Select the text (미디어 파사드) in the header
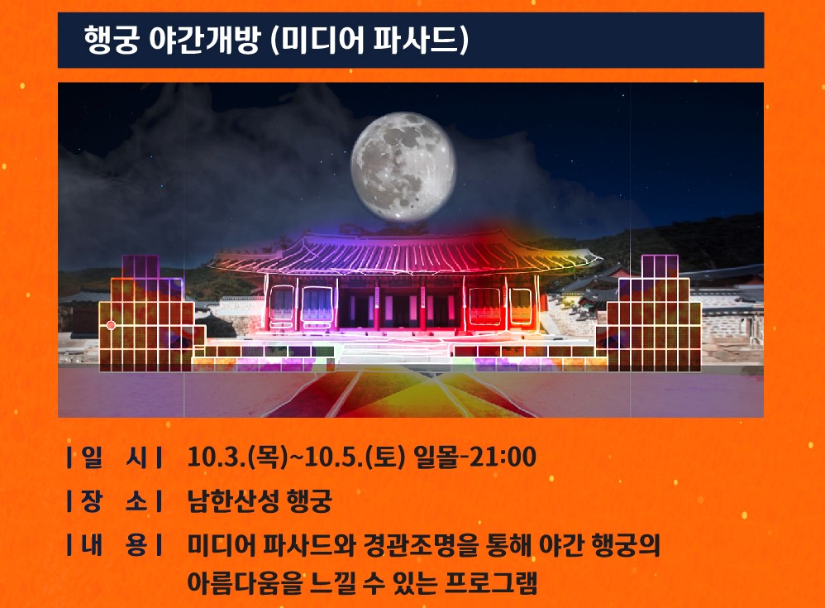(x=369, y=40)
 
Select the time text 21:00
(x=503, y=456)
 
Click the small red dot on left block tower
(x=111, y=325)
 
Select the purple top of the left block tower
(x=141, y=266)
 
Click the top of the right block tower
(x=660, y=266)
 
